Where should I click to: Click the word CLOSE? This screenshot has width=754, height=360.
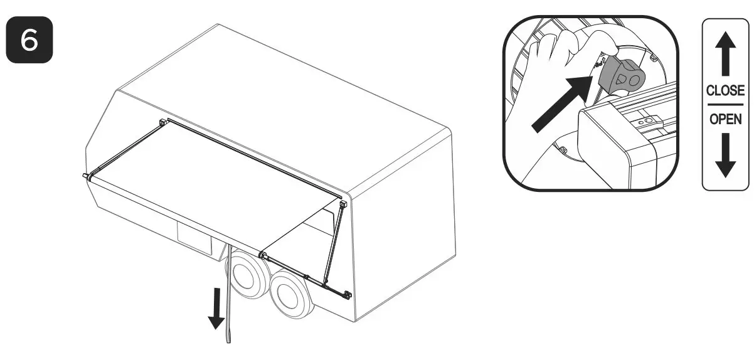pos(725,90)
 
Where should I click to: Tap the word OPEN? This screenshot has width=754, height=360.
pos(725,118)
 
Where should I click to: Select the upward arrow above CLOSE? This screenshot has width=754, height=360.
pos(725,56)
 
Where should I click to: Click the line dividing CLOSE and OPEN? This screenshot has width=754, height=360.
pos(725,104)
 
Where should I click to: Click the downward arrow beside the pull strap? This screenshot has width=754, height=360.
pos(216,307)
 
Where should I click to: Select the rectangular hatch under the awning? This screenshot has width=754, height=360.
pos(196,237)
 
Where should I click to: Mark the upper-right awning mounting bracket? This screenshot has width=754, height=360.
pos(343,204)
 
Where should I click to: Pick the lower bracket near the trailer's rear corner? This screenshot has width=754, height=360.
pos(348,295)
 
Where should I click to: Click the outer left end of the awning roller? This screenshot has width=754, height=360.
pos(85,176)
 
